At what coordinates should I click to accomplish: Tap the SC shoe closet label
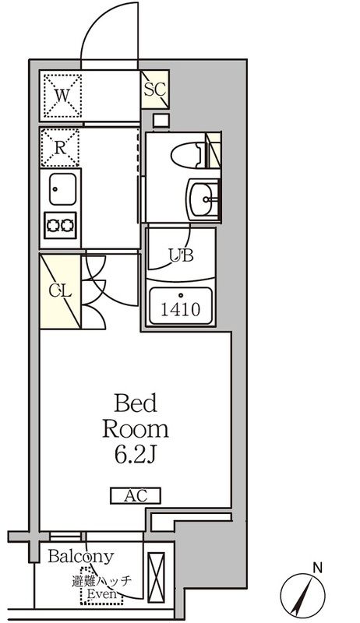(154, 89)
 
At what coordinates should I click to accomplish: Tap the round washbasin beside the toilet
(204, 199)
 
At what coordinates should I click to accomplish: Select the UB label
(182, 254)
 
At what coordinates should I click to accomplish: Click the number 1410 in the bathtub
(181, 309)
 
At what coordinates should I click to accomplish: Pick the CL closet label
(61, 291)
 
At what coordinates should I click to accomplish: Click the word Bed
(136, 403)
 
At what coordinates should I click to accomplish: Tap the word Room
(136, 429)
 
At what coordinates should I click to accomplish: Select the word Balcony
(80, 558)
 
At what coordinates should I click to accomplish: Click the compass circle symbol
(303, 597)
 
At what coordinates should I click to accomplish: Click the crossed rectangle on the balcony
(157, 577)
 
